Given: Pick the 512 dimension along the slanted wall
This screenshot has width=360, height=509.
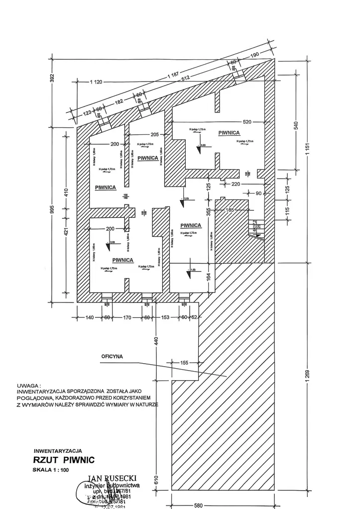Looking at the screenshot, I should (186, 78).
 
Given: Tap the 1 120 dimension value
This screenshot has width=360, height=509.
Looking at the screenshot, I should (96, 82).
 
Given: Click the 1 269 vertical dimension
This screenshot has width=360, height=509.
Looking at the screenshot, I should (307, 374).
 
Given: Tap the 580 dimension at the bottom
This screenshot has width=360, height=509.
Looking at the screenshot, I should (198, 505).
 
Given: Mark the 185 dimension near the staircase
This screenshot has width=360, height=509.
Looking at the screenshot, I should (229, 210).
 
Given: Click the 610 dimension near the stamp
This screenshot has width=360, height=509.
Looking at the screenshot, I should (155, 480).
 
